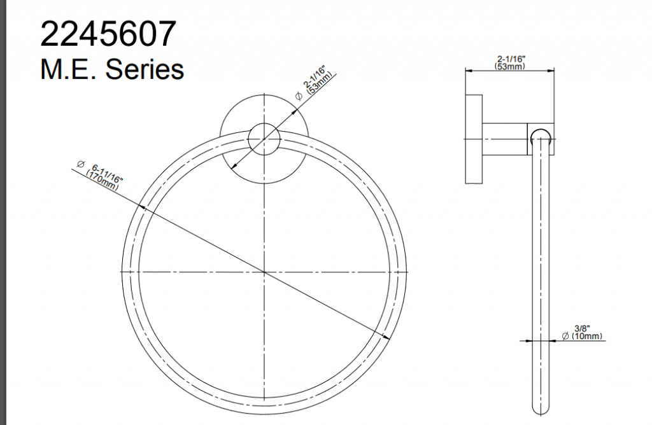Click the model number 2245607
(x=108, y=34)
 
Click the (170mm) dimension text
(x=102, y=181)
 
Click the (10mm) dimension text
(x=586, y=336)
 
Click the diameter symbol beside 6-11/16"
(x=81, y=164)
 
